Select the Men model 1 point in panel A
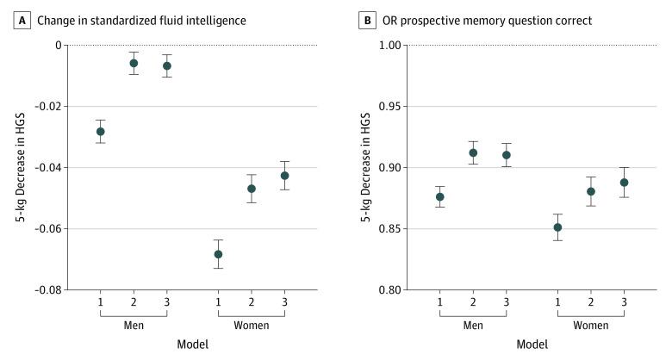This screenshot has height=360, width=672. coord(101,132)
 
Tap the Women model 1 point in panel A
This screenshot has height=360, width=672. coord(219,254)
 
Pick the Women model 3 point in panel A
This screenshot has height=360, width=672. coord(285,175)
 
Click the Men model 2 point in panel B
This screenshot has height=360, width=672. coord(473,152)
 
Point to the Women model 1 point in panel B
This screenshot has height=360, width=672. coord(558,227)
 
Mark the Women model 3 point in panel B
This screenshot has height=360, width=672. coord(625,183)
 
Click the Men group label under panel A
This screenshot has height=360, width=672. coord(134,326)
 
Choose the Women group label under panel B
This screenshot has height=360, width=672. coord(591,326)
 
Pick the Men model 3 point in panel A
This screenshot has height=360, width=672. coord(167,65)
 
